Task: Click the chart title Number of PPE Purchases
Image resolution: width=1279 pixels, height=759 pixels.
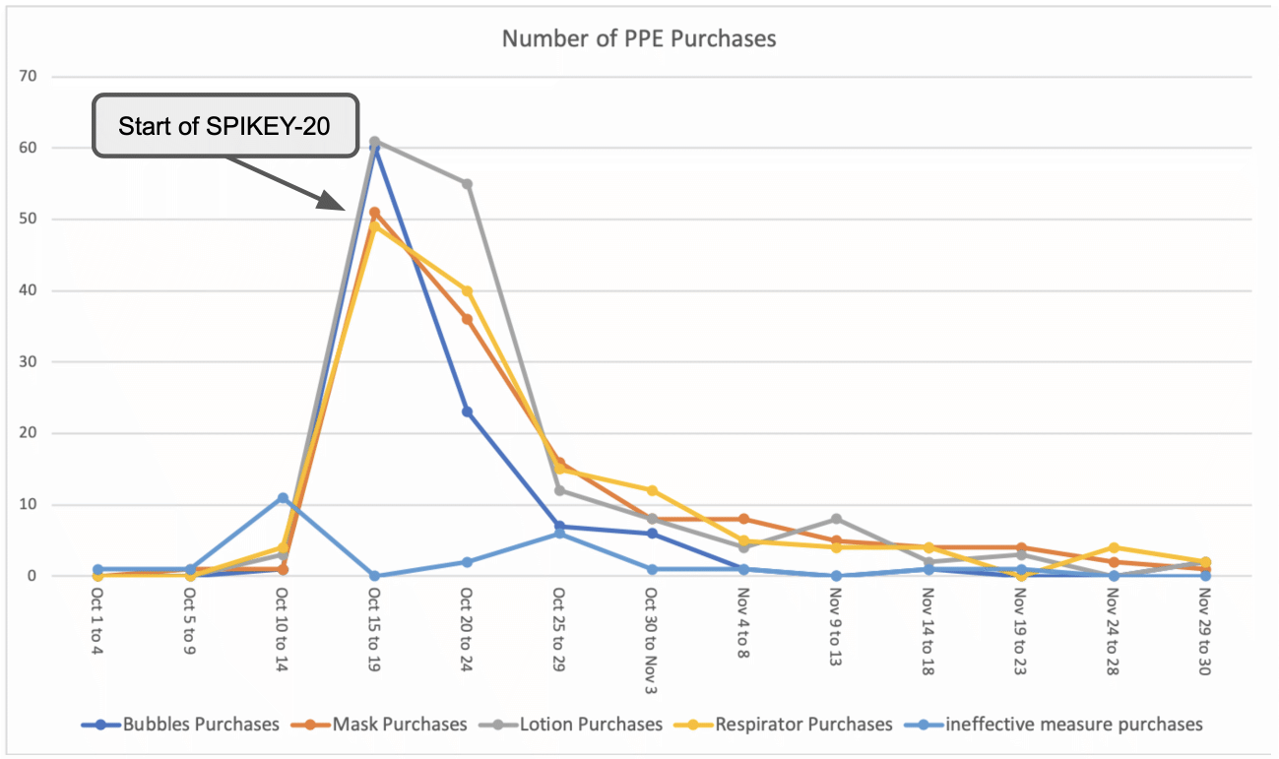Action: [639, 39]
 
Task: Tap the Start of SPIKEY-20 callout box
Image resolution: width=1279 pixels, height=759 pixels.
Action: [224, 126]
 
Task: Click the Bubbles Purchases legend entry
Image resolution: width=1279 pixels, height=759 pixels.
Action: [201, 725]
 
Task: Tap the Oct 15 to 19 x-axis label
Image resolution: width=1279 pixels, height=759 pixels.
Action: [374, 630]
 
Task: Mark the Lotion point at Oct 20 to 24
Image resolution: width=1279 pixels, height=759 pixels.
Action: [467, 184]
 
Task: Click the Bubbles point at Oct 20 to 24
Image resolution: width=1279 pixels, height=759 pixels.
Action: [467, 411]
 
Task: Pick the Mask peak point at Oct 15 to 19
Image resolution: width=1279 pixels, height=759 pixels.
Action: [374, 213]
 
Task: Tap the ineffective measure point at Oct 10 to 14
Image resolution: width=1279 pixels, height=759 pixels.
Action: [282, 497]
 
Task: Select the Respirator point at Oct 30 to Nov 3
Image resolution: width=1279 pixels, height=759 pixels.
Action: [651, 490]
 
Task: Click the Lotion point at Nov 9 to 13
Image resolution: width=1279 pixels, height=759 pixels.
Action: [836, 519]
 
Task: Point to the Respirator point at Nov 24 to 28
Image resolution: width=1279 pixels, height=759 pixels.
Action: [1113, 547]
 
